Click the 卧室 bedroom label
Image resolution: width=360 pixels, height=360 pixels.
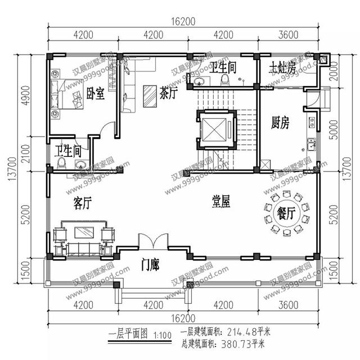point(95,93)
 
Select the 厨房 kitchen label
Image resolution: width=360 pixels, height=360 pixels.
point(280,123)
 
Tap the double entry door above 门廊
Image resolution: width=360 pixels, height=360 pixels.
point(152,241)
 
